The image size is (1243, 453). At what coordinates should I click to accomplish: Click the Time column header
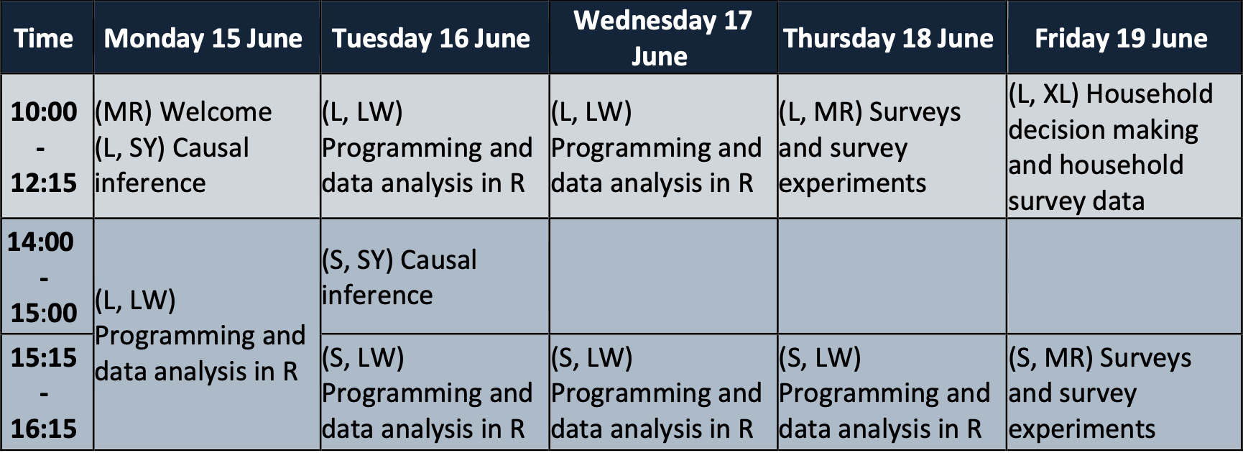[x=44, y=38]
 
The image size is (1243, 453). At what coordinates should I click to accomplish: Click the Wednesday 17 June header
[x=662, y=38]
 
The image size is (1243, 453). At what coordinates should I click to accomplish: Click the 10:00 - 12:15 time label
[x=44, y=147]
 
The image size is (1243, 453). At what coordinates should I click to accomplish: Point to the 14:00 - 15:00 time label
[x=42, y=277]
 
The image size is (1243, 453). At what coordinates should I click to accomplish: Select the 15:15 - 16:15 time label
[x=44, y=393]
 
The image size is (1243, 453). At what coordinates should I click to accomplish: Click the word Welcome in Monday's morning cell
[x=216, y=112]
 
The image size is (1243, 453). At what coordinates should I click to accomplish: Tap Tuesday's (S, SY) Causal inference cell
[x=435, y=277]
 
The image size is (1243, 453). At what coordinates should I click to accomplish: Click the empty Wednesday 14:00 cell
[x=663, y=277]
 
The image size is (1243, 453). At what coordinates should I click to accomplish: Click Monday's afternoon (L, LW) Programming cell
[x=207, y=334]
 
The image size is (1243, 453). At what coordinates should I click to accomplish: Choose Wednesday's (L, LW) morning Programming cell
[x=663, y=147]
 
